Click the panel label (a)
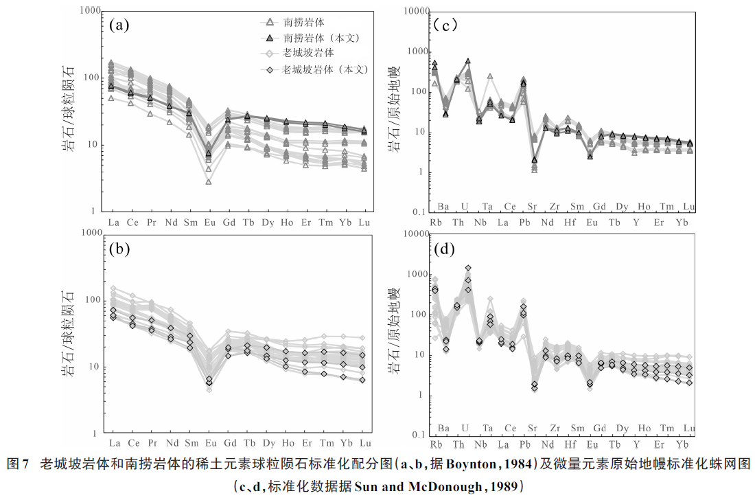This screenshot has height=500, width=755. point(119,26)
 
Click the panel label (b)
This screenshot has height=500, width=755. point(119,249)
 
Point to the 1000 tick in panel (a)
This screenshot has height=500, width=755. point(89,11)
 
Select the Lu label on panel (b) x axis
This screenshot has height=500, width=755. point(365,444)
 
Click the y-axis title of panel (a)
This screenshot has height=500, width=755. point(71,111)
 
